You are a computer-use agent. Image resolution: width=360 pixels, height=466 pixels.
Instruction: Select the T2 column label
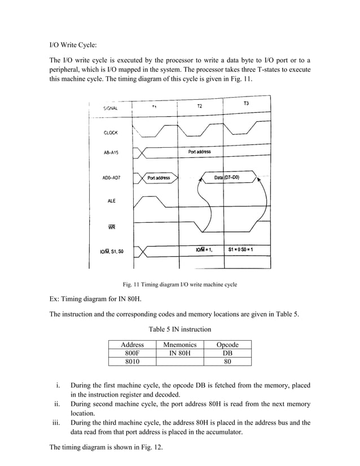pyautogui.click(x=200, y=106)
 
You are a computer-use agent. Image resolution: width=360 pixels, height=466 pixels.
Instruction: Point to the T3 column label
pyautogui.click(x=247, y=104)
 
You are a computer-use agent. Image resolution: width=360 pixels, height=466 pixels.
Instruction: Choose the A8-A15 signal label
pyautogui.click(x=114, y=153)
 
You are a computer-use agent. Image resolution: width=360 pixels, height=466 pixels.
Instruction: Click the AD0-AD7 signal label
pyautogui.click(x=115, y=178)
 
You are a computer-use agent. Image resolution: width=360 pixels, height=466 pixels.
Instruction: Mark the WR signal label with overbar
pyautogui.click(x=110, y=227)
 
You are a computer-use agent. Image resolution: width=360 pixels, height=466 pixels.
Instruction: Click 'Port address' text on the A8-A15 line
pyautogui.click(x=199, y=152)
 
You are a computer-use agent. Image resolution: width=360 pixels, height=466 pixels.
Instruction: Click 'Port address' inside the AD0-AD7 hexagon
pyautogui.click(x=159, y=178)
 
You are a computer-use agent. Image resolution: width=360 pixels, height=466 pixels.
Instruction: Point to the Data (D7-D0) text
pyautogui.click(x=227, y=178)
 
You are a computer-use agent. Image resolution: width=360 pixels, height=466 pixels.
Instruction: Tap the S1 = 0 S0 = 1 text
pyautogui.click(x=243, y=249)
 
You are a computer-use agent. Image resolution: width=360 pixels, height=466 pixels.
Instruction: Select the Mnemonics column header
pyautogui.click(x=179, y=345)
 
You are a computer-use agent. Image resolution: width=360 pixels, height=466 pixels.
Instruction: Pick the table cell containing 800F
pyautogui.click(x=133, y=353)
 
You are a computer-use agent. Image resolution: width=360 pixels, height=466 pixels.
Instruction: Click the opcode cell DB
pyautogui.click(x=228, y=353)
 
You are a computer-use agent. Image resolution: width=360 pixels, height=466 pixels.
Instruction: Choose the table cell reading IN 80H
pyautogui.click(x=179, y=353)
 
